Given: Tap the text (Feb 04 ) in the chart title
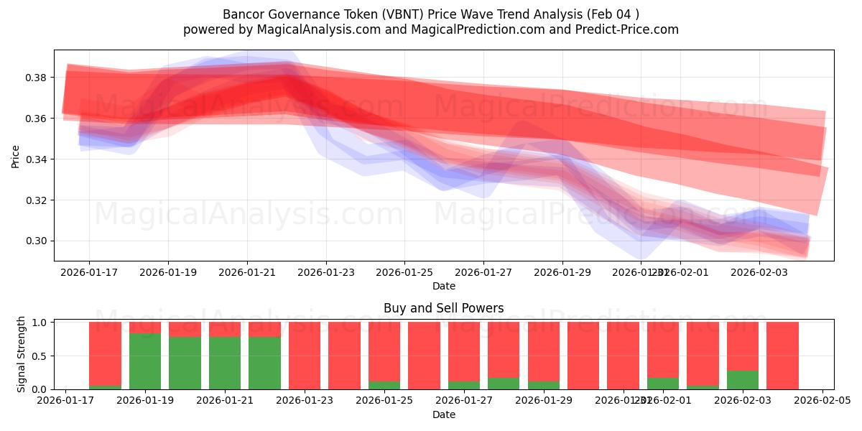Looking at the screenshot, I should point(613,14).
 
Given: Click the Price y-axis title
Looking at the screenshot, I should point(15,156).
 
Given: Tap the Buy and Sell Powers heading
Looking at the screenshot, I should point(443,308).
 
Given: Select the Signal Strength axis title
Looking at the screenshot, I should point(22,354).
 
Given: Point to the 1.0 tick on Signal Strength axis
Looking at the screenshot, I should point(40,323).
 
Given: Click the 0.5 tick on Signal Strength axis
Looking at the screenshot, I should point(40,356).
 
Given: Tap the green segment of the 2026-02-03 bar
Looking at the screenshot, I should point(743,380).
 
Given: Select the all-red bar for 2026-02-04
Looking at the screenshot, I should point(782,356).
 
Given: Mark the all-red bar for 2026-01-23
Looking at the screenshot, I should point(305,356).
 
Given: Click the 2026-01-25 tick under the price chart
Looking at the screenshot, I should point(404,272).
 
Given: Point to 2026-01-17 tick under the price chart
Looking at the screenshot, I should point(89,272).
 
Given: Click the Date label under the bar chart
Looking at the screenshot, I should point(443,414).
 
